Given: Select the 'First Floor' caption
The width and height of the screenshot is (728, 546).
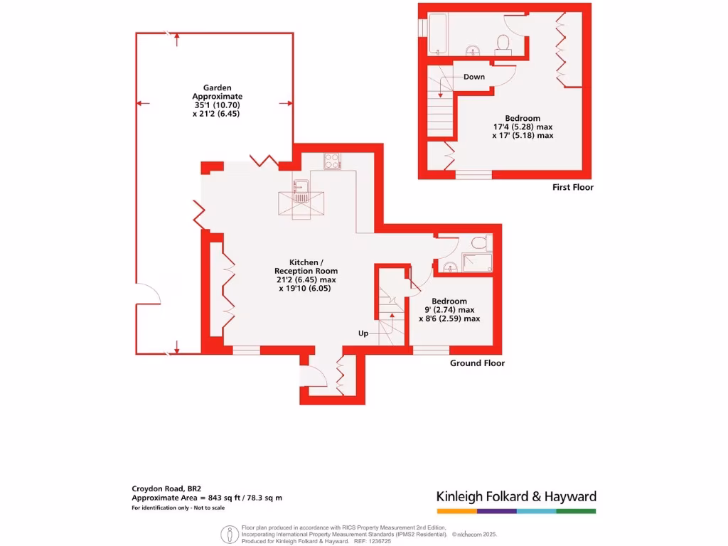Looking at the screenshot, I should (572, 188).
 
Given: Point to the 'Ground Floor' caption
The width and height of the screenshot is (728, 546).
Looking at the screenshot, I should (477, 363).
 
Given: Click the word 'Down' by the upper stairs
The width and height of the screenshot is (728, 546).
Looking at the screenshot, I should (474, 77).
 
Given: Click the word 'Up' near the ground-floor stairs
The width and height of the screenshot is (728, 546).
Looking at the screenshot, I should (363, 333).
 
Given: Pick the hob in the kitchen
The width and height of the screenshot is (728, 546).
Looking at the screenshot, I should (332, 161).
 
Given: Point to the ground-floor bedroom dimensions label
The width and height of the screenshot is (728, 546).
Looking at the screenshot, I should (449, 310).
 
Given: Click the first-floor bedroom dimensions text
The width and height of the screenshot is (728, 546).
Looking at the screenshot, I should (523, 127).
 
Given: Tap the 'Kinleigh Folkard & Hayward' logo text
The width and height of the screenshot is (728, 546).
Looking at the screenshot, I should (516, 497).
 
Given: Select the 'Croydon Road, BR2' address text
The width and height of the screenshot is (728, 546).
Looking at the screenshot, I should (161, 488).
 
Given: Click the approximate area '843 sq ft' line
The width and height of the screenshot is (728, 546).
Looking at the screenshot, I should (207, 498).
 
